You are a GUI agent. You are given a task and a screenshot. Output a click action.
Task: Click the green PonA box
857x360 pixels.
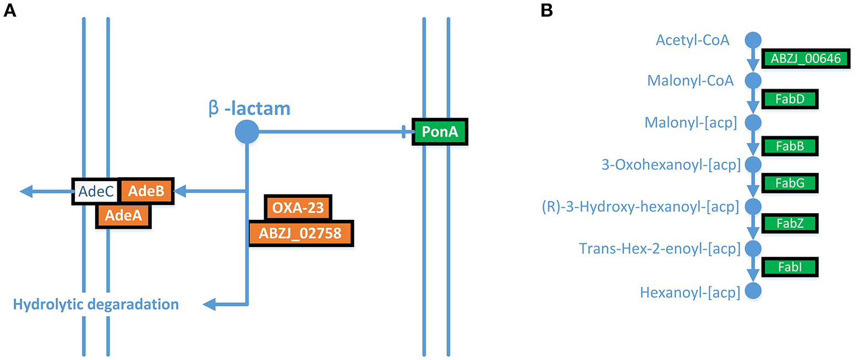440,132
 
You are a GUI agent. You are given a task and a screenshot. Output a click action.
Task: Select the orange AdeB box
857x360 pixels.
146,191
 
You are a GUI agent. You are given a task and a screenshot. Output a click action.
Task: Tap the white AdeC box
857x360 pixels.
95,192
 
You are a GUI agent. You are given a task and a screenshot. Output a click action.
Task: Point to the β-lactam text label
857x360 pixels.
249,108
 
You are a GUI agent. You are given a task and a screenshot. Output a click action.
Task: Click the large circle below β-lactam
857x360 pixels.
247,132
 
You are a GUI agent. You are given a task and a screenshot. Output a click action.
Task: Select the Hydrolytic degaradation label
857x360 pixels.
96,304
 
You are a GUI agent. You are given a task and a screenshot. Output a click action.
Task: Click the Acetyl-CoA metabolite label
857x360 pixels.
692,40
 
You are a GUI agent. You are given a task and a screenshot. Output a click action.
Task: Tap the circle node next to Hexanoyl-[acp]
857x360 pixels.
753,291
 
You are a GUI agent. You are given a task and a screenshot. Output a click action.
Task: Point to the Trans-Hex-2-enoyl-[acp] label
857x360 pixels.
659,249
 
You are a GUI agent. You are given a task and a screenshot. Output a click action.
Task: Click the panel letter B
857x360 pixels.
547,10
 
